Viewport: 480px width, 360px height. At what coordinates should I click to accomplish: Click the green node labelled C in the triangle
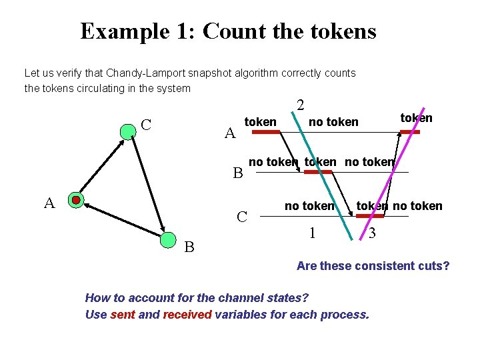click(x=127, y=131)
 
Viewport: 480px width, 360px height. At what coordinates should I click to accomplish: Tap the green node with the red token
click(x=76, y=200)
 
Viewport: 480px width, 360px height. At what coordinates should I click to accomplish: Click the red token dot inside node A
click(x=76, y=200)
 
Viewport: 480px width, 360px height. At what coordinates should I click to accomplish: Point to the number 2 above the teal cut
click(x=301, y=105)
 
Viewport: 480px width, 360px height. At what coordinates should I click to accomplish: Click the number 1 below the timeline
click(x=311, y=233)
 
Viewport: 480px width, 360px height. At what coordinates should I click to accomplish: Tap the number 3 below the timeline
click(x=372, y=233)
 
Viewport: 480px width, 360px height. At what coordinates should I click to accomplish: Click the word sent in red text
click(x=123, y=314)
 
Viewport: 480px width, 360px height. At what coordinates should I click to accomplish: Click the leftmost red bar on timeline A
click(x=265, y=132)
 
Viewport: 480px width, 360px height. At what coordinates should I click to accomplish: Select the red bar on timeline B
click(x=317, y=172)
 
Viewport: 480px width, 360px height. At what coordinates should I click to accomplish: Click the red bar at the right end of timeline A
click(x=409, y=132)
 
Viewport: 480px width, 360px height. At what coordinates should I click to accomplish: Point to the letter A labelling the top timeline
click(x=230, y=133)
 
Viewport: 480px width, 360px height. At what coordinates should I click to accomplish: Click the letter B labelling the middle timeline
click(x=237, y=174)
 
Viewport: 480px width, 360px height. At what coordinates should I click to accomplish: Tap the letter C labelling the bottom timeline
click(x=243, y=216)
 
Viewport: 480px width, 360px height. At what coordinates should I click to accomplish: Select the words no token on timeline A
click(x=333, y=122)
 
